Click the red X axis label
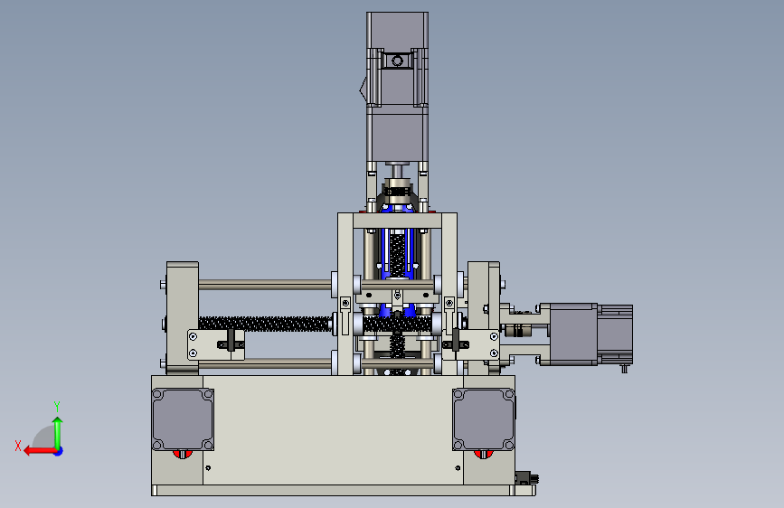tap(18, 446)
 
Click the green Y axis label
tap(57, 406)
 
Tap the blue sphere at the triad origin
tap(59, 451)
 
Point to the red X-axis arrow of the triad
tap(40, 451)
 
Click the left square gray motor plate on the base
tap(183, 419)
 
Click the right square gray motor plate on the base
tap(484, 419)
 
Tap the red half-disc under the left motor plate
tap(183, 454)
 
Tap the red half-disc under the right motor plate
tap(484, 454)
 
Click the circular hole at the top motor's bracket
tap(397, 61)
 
